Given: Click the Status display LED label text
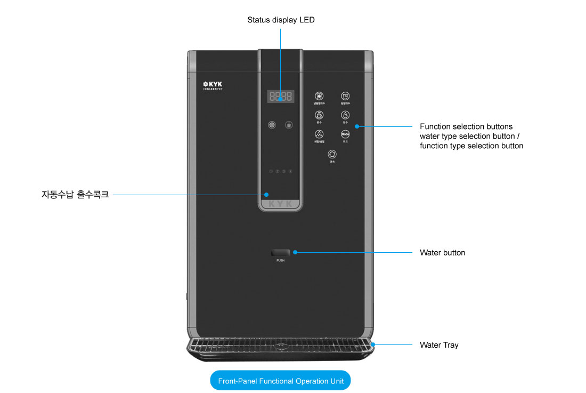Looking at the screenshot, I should (281, 20).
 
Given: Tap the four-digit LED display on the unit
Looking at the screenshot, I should (280, 97).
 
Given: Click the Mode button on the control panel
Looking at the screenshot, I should (345, 134).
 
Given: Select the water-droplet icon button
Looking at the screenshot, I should (345, 115).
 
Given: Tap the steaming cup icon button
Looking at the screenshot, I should (319, 115).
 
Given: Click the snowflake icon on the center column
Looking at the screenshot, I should (272, 125).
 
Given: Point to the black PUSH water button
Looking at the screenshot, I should (280, 252).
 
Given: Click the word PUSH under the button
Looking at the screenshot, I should (280, 260).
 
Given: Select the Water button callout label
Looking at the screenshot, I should (442, 253).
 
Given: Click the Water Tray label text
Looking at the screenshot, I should (438, 345).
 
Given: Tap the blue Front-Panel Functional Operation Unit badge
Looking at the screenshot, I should (280, 381).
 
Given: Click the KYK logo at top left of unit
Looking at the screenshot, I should (212, 84).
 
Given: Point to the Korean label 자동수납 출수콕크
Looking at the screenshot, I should (75, 195).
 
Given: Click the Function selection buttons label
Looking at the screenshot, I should (466, 127).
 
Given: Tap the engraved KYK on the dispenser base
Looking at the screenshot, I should (280, 204).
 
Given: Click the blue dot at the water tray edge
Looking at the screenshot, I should (373, 344).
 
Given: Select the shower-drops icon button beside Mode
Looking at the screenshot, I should (319, 134).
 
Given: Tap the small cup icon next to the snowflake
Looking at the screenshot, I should (289, 125).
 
